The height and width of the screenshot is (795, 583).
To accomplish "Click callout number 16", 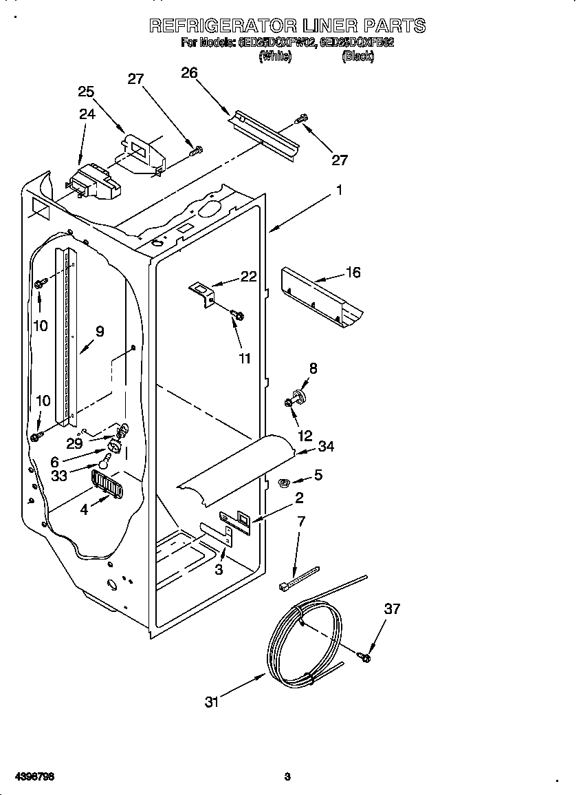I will (x=353, y=273).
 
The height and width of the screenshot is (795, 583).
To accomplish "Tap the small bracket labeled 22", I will (x=201, y=290).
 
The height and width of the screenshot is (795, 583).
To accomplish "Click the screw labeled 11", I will (x=237, y=315).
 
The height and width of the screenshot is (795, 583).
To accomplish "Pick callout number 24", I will (x=87, y=114).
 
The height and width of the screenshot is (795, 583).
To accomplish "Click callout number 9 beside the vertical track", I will (x=100, y=332).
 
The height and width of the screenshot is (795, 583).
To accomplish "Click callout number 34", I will (x=326, y=447).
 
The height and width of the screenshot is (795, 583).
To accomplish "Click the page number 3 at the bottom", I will (x=287, y=777).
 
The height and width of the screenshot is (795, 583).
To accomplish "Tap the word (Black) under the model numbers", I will (x=357, y=56).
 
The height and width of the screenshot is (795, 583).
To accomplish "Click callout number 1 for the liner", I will (x=338, y=191).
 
